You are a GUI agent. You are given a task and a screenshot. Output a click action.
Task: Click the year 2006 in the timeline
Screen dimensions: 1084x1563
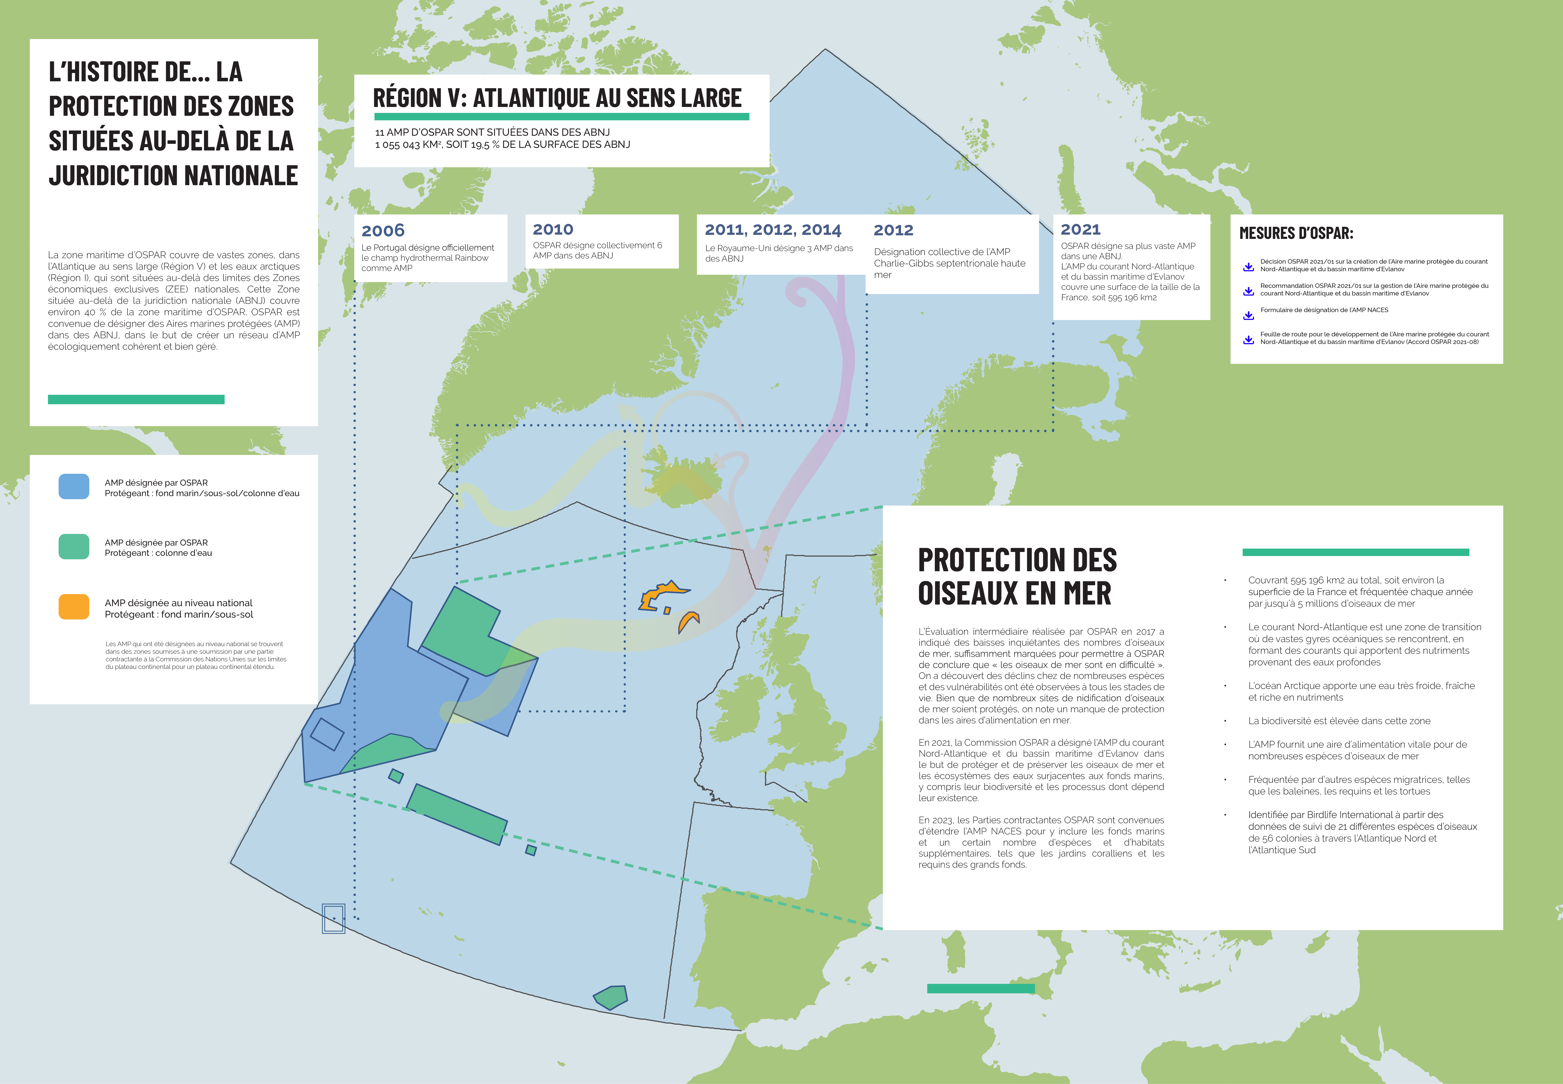[x=383, y=231]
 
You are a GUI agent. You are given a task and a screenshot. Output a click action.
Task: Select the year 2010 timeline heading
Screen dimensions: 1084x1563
[x=553, y=230]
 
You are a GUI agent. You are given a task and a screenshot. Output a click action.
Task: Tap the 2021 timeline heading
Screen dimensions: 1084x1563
[x=1080, y=230]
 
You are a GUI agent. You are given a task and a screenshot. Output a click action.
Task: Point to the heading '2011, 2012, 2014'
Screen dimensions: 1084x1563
[x=773, y=230]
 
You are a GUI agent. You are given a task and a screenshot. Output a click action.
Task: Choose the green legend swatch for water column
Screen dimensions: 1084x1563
[x=74, y=547]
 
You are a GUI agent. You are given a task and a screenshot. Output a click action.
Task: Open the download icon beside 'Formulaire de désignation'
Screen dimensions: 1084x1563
[x=1248, y=315]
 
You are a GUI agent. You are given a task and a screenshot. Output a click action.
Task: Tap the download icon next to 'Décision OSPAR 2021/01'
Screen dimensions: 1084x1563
[x=1248, y=267]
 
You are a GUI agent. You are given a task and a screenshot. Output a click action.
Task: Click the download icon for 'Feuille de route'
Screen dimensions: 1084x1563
[x=1248, y=340]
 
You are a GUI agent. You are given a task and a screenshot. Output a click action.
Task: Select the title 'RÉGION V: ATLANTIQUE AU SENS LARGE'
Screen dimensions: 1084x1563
[x=557, y=98]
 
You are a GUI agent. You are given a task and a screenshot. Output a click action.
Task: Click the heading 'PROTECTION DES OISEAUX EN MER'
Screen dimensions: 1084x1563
[x=1016, y=576]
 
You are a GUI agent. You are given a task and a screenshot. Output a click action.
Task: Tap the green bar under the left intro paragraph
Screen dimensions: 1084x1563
[x=136, y=399]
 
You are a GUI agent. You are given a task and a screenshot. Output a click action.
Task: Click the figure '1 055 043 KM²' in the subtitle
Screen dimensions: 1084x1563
[x=407, y=145]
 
